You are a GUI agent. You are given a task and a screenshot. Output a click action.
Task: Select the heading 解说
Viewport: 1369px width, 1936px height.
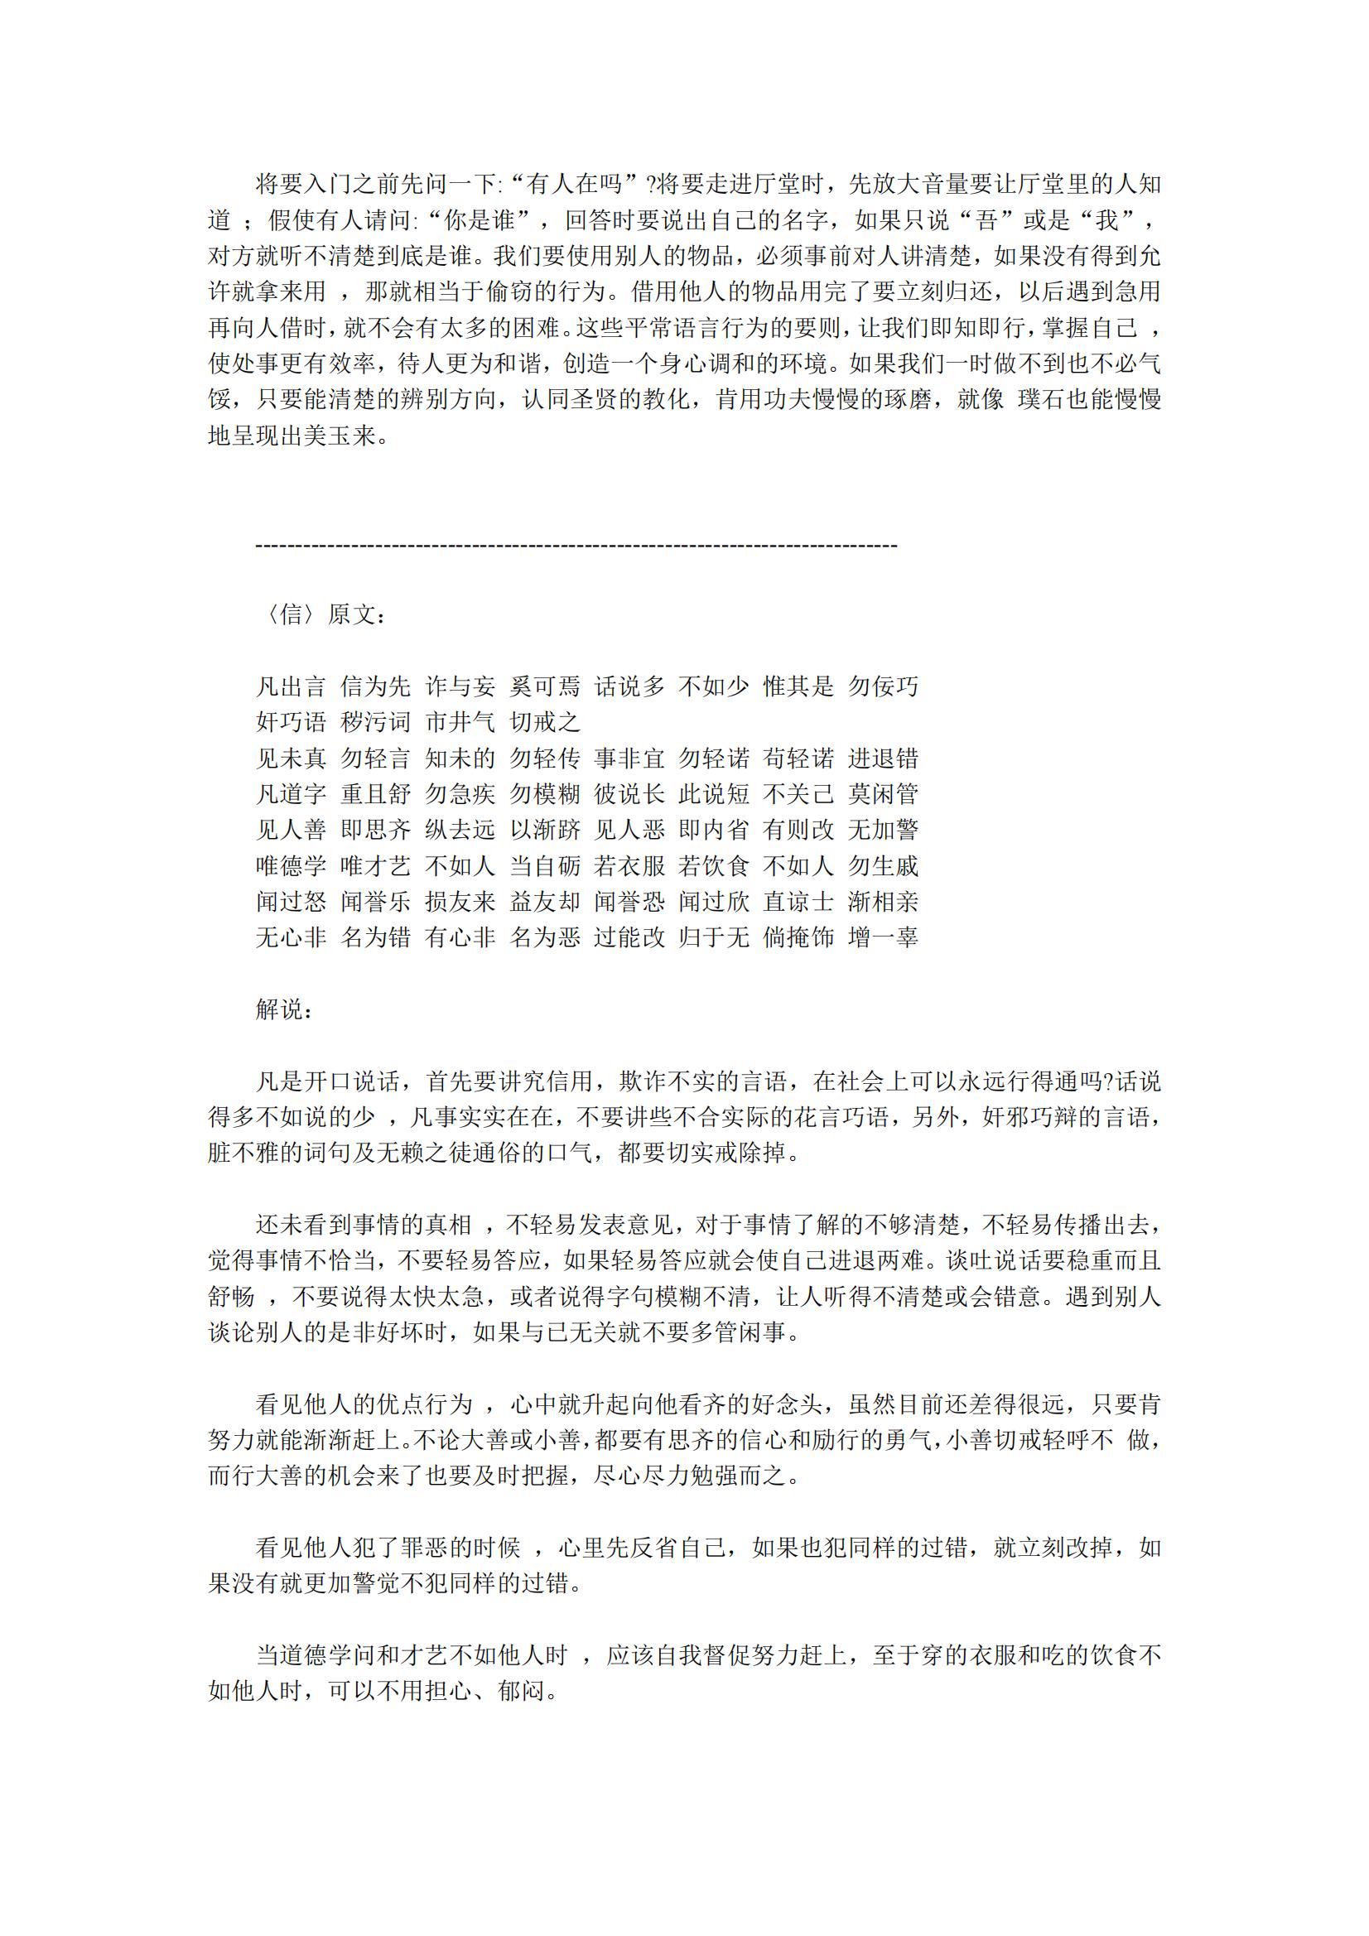point(285,1009)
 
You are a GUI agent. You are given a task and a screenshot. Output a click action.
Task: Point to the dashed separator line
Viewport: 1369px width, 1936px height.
point(576,547)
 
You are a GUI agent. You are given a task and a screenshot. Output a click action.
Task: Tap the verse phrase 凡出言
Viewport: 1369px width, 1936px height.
point(291,686)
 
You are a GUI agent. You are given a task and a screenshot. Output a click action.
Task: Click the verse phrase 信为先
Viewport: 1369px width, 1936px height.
point(375,686)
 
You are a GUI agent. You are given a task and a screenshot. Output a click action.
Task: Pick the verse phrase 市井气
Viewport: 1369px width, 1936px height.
point(460,722)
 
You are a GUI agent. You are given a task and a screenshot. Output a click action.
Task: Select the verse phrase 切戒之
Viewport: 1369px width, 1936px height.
point(545,722)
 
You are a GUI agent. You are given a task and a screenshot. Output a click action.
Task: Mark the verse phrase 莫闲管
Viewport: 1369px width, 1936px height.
point(883,793)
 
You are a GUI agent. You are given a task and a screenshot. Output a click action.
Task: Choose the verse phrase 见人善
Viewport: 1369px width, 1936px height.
point(291,830)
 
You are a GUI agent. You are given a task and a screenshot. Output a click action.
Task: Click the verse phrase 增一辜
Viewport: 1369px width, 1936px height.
point(883,937)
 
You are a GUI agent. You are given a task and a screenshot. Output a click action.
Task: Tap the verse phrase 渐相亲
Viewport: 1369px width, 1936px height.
point(883,902)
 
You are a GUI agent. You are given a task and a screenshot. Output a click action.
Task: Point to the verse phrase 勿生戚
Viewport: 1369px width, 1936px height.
point(883,865)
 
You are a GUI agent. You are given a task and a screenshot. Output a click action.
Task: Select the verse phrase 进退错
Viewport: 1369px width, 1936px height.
point(883,758)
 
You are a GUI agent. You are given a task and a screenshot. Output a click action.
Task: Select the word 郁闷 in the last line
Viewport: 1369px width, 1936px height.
point(521,1691)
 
